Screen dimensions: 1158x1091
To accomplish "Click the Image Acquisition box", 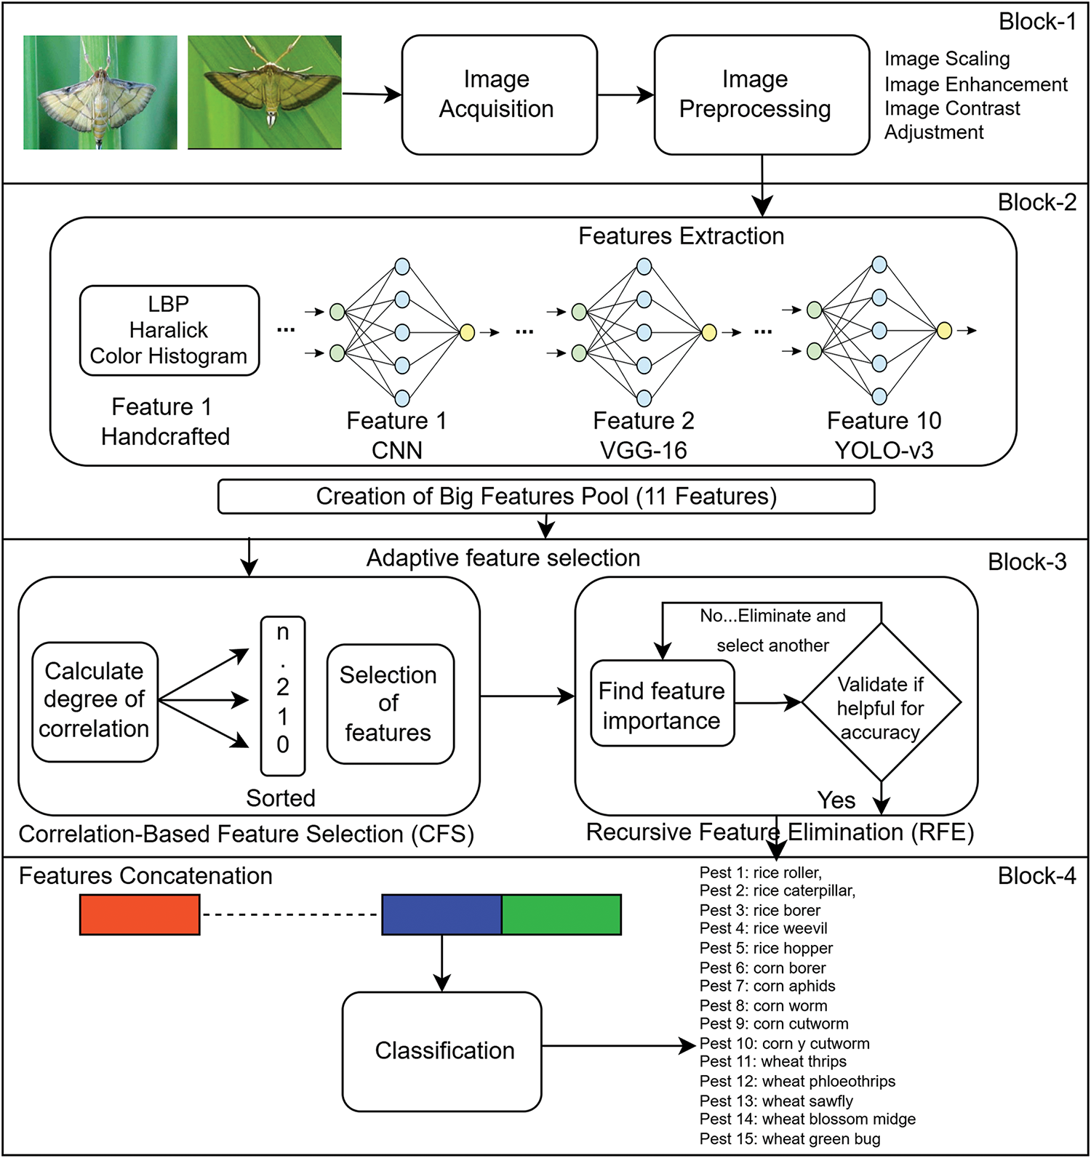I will (499, 95).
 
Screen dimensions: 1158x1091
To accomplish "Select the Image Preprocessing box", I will (761, 95).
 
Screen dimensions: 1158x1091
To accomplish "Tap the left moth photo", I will (100, 92).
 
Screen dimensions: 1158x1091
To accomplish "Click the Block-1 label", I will (1037, 22).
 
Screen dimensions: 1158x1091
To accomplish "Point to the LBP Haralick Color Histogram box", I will (169, 330).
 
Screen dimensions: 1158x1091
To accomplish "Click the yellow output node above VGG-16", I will (709, 333).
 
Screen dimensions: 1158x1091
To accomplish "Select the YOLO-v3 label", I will (884, 451).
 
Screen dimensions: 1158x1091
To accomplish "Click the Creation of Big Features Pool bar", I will (545, 496).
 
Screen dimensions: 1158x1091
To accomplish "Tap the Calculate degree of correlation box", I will (95, 701).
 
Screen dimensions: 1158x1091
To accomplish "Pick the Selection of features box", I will (390, 704).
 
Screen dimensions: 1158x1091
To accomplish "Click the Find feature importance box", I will (662, 704).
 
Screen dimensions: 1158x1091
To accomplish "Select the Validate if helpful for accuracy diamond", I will (881, 703).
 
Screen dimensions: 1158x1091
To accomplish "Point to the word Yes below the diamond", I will (836, 800).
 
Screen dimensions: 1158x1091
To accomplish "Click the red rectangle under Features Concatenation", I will (140, 914).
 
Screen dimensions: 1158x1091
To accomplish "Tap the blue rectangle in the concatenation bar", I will (441, 914).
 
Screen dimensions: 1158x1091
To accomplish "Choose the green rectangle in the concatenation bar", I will (562, 914).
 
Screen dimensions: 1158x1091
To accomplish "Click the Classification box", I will (442, 1051).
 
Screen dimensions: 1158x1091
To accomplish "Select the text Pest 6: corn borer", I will (762, 968).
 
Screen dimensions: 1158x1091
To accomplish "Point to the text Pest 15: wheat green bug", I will (790, 1139).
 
